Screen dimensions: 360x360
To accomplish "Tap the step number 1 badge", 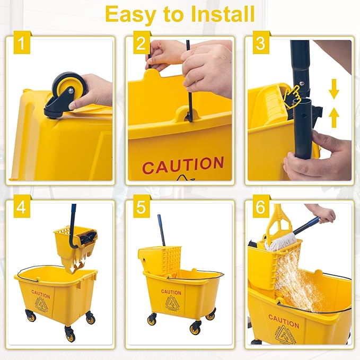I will tap(20, 45).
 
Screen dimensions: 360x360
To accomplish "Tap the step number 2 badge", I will tap(140, 45).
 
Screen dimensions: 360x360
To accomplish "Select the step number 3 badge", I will tap(260, 45).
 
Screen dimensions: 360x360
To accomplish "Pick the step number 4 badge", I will tap(20, 208).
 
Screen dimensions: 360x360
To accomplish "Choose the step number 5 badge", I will tap(140, 208).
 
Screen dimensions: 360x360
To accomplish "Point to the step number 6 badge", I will tap(260, 208).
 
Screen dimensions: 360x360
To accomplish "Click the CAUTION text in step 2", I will tap(183, 165).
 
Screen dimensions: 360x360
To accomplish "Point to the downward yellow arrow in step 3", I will tap(333, 91).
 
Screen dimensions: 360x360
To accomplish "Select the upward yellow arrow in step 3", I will tap(333, 118).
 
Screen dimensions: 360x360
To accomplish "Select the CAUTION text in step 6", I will tap(283, 321).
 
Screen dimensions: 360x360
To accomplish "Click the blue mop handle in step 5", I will tap(161, 230).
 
